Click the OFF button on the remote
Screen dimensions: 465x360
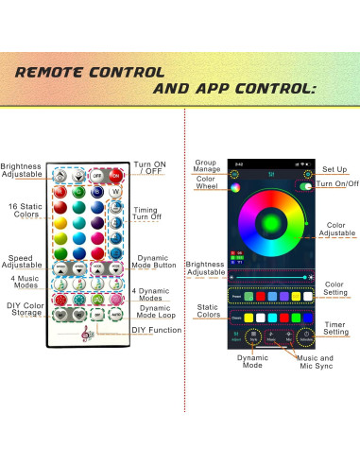[x=97, y=175]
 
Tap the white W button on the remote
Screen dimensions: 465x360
[x=115, y=192]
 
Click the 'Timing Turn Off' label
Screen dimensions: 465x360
[x=146, y=215]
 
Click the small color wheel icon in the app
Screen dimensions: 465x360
[x=232, y=187]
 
